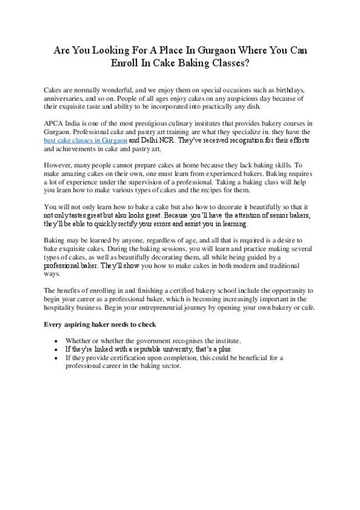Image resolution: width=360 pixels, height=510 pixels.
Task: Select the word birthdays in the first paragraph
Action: pos(284,89)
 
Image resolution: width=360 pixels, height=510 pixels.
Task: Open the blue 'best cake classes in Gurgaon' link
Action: pos(85,141)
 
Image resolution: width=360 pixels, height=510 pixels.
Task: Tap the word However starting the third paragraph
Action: pos(58,165)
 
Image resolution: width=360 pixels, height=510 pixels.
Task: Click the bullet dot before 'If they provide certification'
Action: pos(57,358)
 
